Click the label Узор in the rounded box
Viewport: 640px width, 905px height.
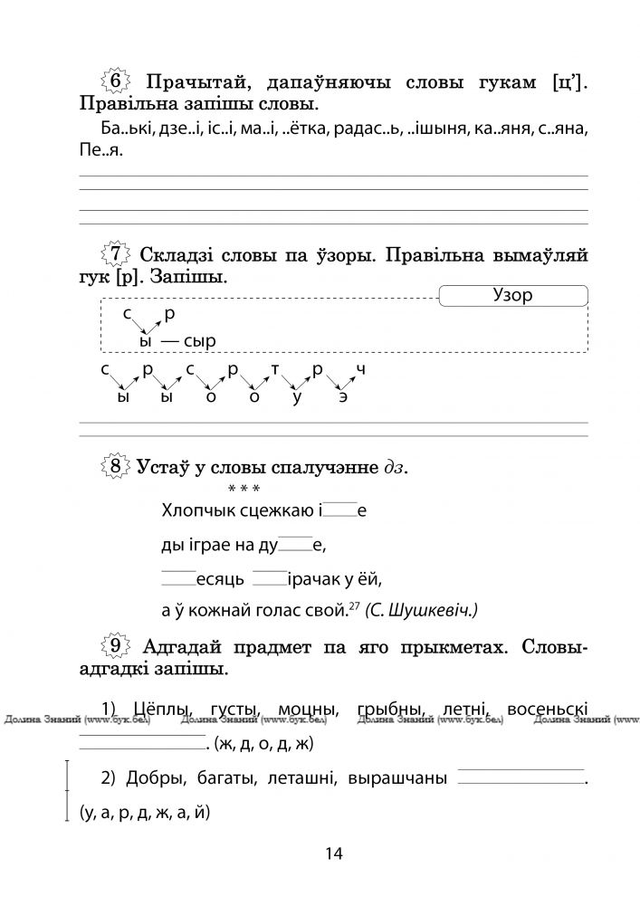click(x=512, y=296)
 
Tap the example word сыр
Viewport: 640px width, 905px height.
click(x=200, y=341)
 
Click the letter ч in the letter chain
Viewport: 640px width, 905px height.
click(x=360, y=370)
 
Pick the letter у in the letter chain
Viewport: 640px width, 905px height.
click(x=297, y=398)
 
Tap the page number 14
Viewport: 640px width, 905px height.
click(x=332, y=853)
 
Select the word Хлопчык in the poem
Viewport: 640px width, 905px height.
click(x=198, y=511)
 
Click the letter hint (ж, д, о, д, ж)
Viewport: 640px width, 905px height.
click(x=263, y=745)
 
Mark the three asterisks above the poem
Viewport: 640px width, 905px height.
click(x=244, y=489)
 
